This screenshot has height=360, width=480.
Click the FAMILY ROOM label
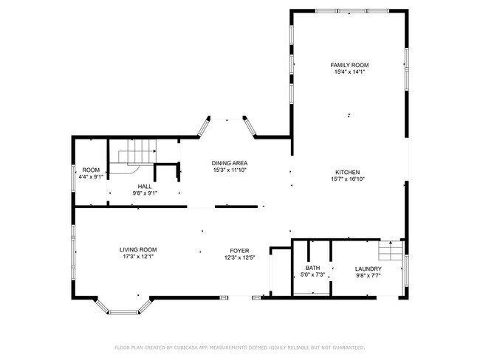pyautogui.click(x=349, y=66)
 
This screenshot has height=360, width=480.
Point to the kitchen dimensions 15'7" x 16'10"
pyautogui.click(x=349, y=178)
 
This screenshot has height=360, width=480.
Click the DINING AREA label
pyautogui.click(x=229, y=162)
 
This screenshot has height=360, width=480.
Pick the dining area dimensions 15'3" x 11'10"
pyautogui.click(x=229, y=170)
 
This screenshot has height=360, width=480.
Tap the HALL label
pyautogui.click(x=145, y=186)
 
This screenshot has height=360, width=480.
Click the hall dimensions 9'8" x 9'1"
pyautogui.click(x=145, y=193)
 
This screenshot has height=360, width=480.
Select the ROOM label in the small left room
pyautogui.click(x=91, y=170)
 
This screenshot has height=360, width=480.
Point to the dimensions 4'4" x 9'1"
pyautogui.click(x=91, y=177)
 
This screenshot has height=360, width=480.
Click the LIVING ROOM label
pyautogui.click(x=139, y=249)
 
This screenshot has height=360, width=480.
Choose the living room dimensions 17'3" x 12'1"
pyautogui.click(x=139, y=257)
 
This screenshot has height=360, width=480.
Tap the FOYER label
pyautogui.click(x=239, y=249)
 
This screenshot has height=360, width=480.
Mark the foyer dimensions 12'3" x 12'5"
pyautogui.click(x=239, y=257)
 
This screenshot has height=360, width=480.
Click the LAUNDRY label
pyautogui.click(x=368, y=268)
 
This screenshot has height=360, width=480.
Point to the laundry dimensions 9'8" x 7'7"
pyautogui.click(x=368, y=275)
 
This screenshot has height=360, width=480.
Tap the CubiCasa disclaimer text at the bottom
pyautogui.click(x=239, y=347)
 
